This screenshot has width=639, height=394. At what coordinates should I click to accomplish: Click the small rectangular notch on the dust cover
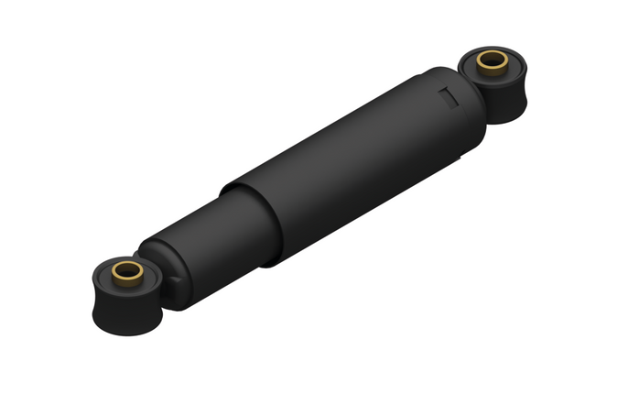pyautogui.click(x=448, y=94)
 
